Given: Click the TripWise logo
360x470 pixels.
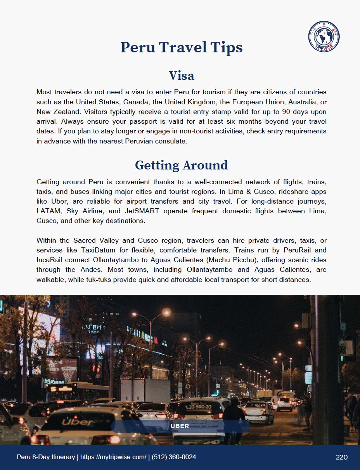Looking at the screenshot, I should pyautogui.click(x=324, y=37).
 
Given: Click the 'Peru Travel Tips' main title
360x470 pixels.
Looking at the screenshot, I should pyautogui.click(x=181, y=47).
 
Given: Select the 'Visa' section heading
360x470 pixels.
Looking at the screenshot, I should pyautogui.click(x=181, y=75).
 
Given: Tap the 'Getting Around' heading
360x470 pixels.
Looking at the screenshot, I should pyautogui.click(x=181, y=165).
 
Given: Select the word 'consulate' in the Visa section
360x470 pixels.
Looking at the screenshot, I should pyautogui.click(x=172, y=141).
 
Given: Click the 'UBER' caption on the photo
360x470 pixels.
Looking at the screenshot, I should pyautogui.click(x=180, y=426).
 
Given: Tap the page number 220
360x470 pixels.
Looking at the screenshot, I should pyautogui.click(x=341, y=457).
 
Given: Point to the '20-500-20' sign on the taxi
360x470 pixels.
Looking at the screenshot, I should pyautogui.click(x=198, y=407).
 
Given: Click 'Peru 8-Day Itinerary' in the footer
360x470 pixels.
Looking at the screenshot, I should pyautogui.click(x=46, y=457).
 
